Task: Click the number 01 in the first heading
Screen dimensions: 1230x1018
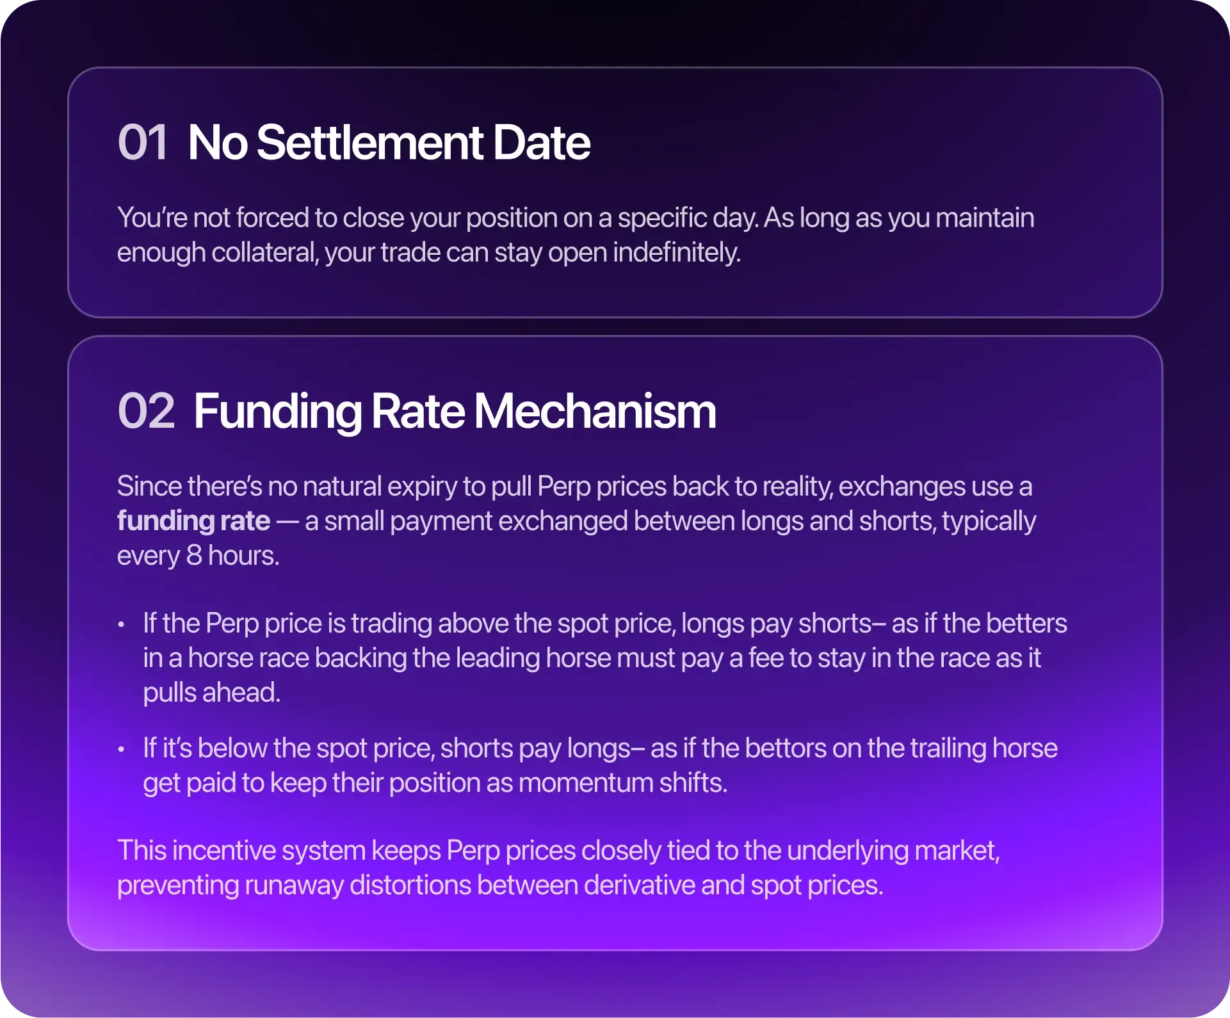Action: coord(143,142)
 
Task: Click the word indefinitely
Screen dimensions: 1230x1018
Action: coord(677,252)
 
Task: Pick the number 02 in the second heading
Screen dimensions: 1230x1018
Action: coord(146,411)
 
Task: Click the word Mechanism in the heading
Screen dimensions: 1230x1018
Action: coord(595,411)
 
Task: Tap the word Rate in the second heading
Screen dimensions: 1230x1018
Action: coord(417,411)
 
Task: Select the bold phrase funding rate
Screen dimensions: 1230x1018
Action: coord(193,521)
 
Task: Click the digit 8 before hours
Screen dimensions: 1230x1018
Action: coord(194,556)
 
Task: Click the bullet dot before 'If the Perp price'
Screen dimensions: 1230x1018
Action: coord(121,624)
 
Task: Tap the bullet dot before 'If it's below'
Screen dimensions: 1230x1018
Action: coord(121,749)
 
